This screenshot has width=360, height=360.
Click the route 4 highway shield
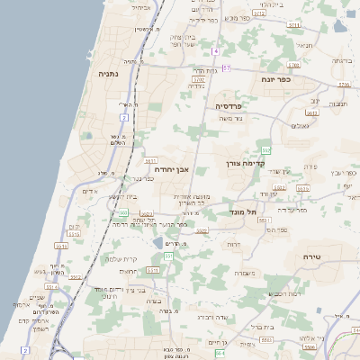216,51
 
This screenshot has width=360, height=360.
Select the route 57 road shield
226,68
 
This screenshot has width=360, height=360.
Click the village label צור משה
231,118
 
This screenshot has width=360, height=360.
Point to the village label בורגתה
340,60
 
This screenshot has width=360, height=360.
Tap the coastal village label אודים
89,192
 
